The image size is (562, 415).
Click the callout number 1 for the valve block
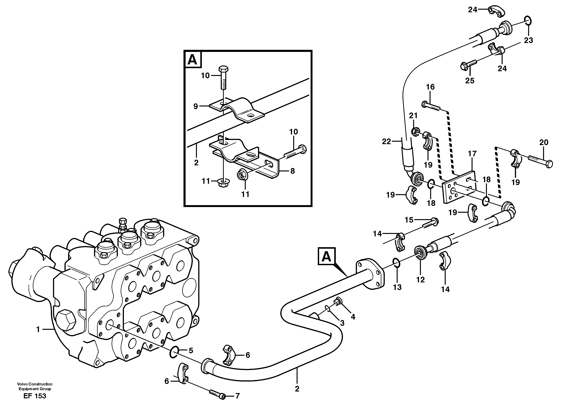[38, 329]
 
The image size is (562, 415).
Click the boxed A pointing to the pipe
[326, 256]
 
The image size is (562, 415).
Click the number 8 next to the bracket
[293, 171]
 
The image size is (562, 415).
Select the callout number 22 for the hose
[386, 142]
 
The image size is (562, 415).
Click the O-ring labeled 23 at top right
[526, 20]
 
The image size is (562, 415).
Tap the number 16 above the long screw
[430, 87]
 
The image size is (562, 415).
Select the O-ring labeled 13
[396, 263]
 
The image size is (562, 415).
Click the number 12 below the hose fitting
[420, 280]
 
